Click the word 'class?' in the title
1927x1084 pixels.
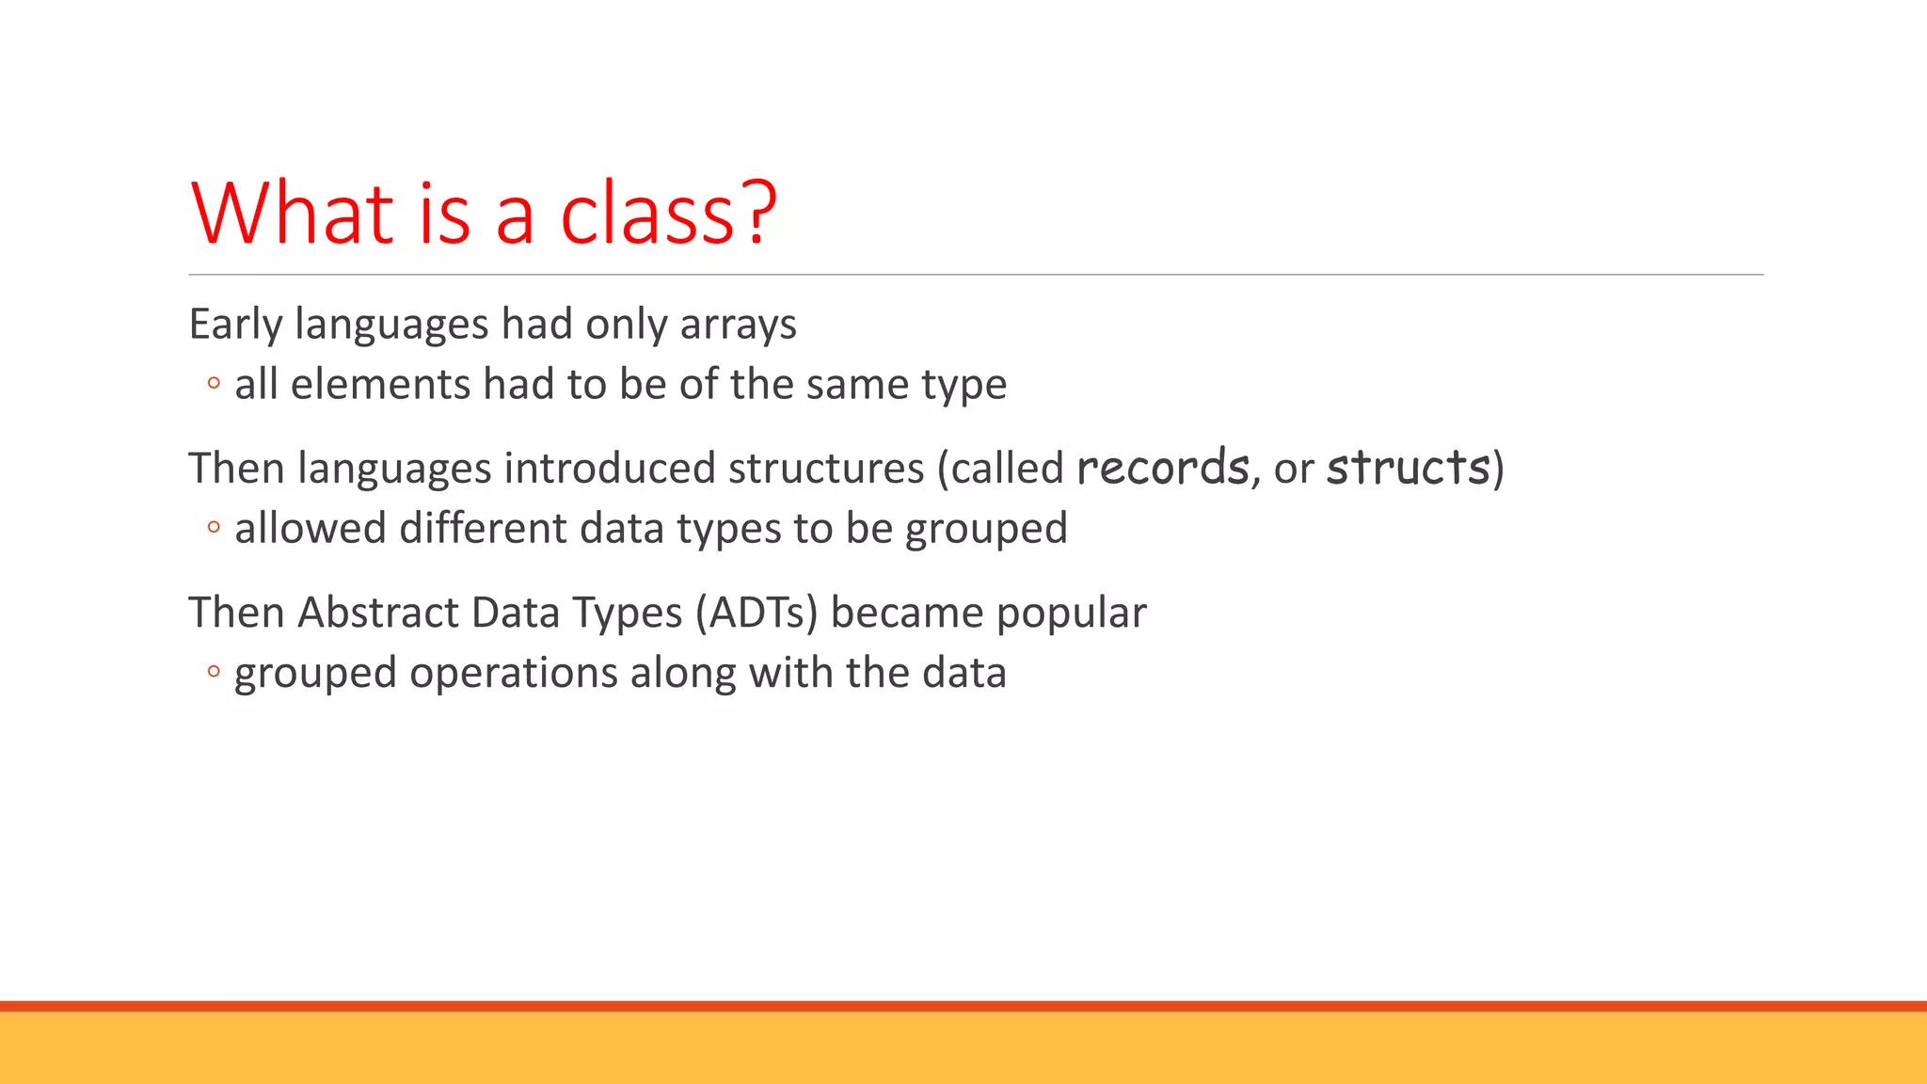668,215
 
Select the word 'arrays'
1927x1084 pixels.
738,326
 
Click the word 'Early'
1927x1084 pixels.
235,326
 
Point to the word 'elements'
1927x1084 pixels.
380,385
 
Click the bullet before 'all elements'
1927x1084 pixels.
214,384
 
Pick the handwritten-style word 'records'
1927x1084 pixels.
1162,468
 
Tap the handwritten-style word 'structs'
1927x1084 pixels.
1409,468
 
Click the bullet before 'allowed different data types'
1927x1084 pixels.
214,528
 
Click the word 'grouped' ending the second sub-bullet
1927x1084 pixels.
986,530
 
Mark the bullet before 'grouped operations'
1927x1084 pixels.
214,672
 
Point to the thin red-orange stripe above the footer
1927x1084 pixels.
963,1006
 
